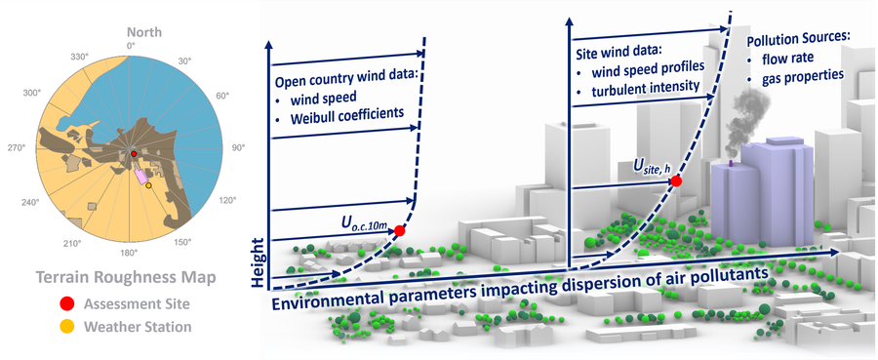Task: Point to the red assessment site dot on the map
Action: [x=135, y=154]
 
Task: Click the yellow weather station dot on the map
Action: [x=148, y=185]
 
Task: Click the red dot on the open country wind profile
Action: [x=399, y=230]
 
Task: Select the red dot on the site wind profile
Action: [x=676, y=180]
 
